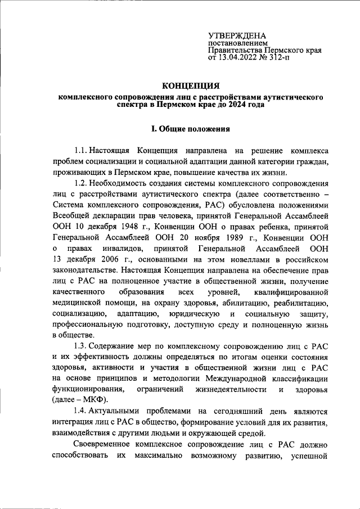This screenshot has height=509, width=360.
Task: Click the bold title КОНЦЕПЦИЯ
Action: pyautogui.click(x=190, y=85)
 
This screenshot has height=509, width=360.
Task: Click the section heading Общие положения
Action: pyautogui.click(x=194, y=129)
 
